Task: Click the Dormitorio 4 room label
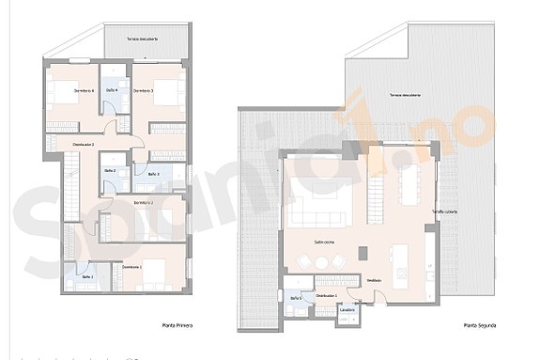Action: pos(83,90)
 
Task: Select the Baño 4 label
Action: pos(112,89)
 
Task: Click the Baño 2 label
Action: pos(110,169)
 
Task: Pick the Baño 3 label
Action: pos(153,175)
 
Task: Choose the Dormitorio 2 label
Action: pos(143,202)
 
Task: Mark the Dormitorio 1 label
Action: pos(133,268)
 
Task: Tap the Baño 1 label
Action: pos(87,277)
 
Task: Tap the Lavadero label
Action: pos(347,309)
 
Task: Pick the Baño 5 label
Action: pos(296,297)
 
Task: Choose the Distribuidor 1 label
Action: pos(326,296)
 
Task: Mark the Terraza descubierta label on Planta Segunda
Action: pos(406,96)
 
